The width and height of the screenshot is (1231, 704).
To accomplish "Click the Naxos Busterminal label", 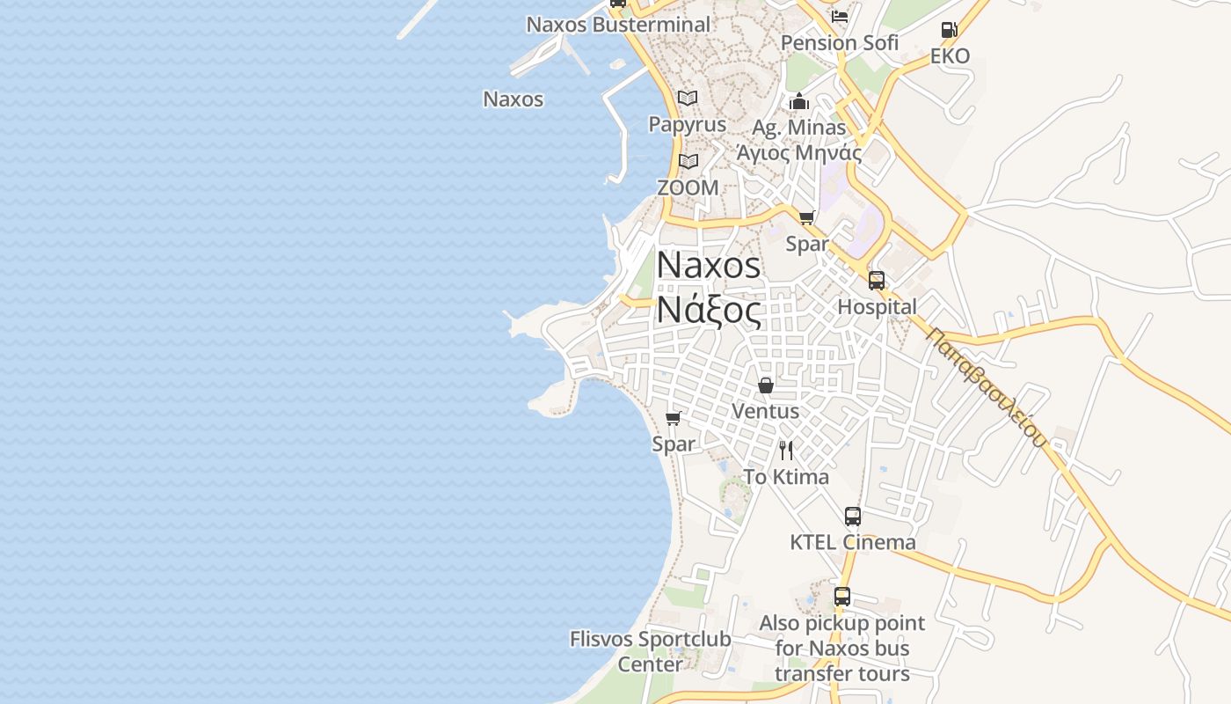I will tap(618, 25).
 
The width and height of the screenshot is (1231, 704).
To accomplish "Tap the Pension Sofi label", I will tap(840, 42).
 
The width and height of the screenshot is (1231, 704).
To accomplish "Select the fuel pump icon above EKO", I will tap(949, 30).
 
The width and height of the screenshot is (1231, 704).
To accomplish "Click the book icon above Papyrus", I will tap(688, 98).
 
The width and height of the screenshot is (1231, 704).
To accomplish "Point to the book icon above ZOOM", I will tap(688, 161).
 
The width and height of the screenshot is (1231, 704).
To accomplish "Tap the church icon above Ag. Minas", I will tap(798, 101).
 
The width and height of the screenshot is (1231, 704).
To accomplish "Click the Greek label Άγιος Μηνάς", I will tap(798, 152).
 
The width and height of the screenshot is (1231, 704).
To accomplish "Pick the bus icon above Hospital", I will tap(877, 281).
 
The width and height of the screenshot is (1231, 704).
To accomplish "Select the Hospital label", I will tap(877, 307).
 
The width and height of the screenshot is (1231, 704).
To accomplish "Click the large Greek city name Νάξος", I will tap(709, 311).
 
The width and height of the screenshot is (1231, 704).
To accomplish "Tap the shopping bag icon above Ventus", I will tap(766, 385).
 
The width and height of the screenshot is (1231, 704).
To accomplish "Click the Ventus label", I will tap(766, 411).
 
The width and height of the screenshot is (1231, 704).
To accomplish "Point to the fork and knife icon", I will tap(786, 451).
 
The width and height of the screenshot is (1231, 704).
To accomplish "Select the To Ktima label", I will tap(786, 477).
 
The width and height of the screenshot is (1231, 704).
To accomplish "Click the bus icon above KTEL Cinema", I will tap(852, 517).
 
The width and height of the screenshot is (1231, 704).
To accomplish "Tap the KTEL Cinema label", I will tap(852, 542).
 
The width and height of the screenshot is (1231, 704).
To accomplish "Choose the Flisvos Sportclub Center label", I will tap(650, 651).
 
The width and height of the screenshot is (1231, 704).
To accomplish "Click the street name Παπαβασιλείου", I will tap(987, 388).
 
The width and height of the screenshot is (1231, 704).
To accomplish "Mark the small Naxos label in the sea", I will tap(514, 99).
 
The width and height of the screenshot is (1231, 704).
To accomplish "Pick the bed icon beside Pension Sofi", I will tap(840, 17).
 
